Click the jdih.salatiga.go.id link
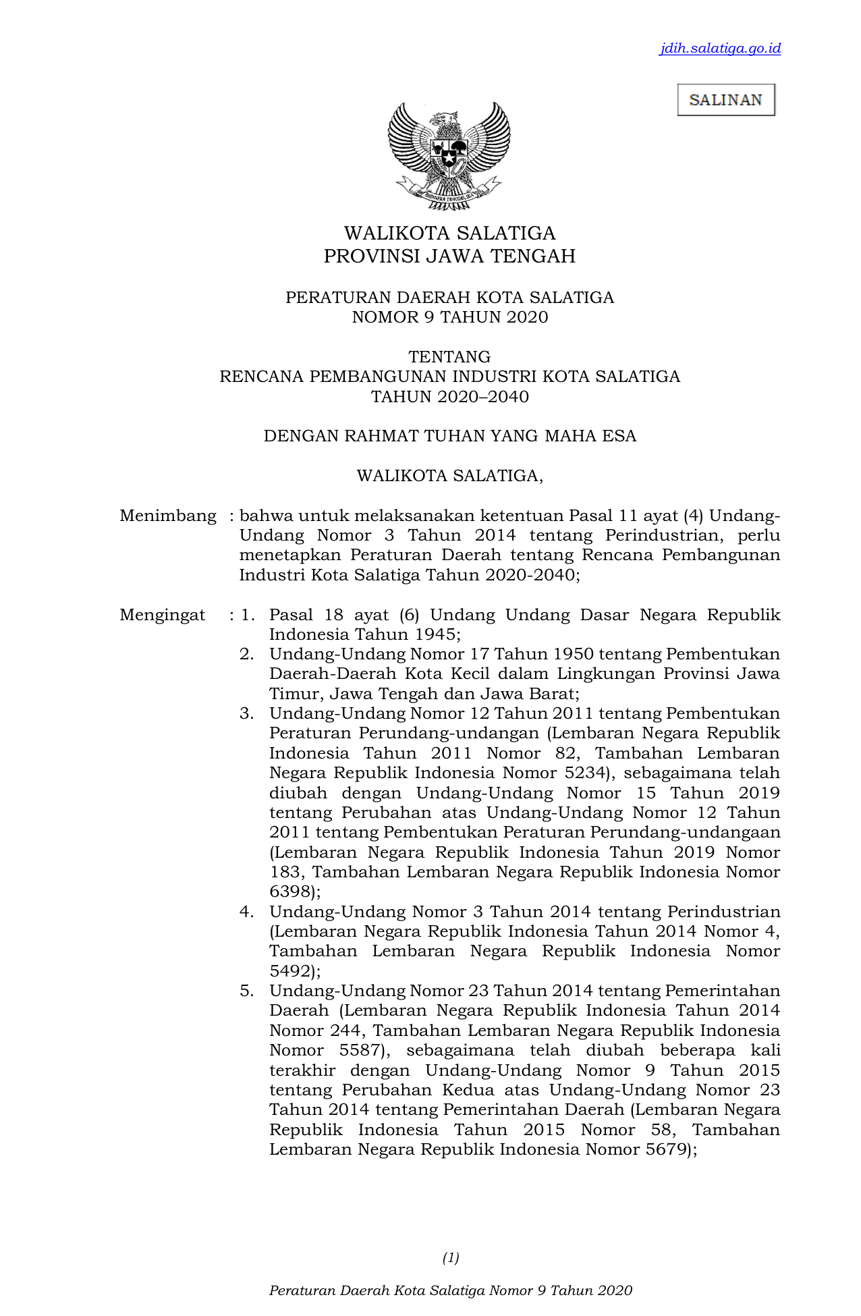click(x=720, y=48)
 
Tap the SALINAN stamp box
click(x=726, y=100)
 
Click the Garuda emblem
click(x=449, y=155)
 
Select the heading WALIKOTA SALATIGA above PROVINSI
click(x=449, y=234)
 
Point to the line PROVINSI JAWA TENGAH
click(x=449, y=256)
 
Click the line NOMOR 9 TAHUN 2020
click(x=449, y=317)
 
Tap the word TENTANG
click(x=449, y=356)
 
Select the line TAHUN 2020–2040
click(x=449, y=396)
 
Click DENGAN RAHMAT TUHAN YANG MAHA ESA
click(x=449, y=436)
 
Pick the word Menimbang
click(x=168, y=516)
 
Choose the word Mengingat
click(x=163, y=615)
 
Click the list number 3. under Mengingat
click(x=246, y=713)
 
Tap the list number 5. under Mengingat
click(x=246, y=991)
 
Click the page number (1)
click(x=451, y=1257)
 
